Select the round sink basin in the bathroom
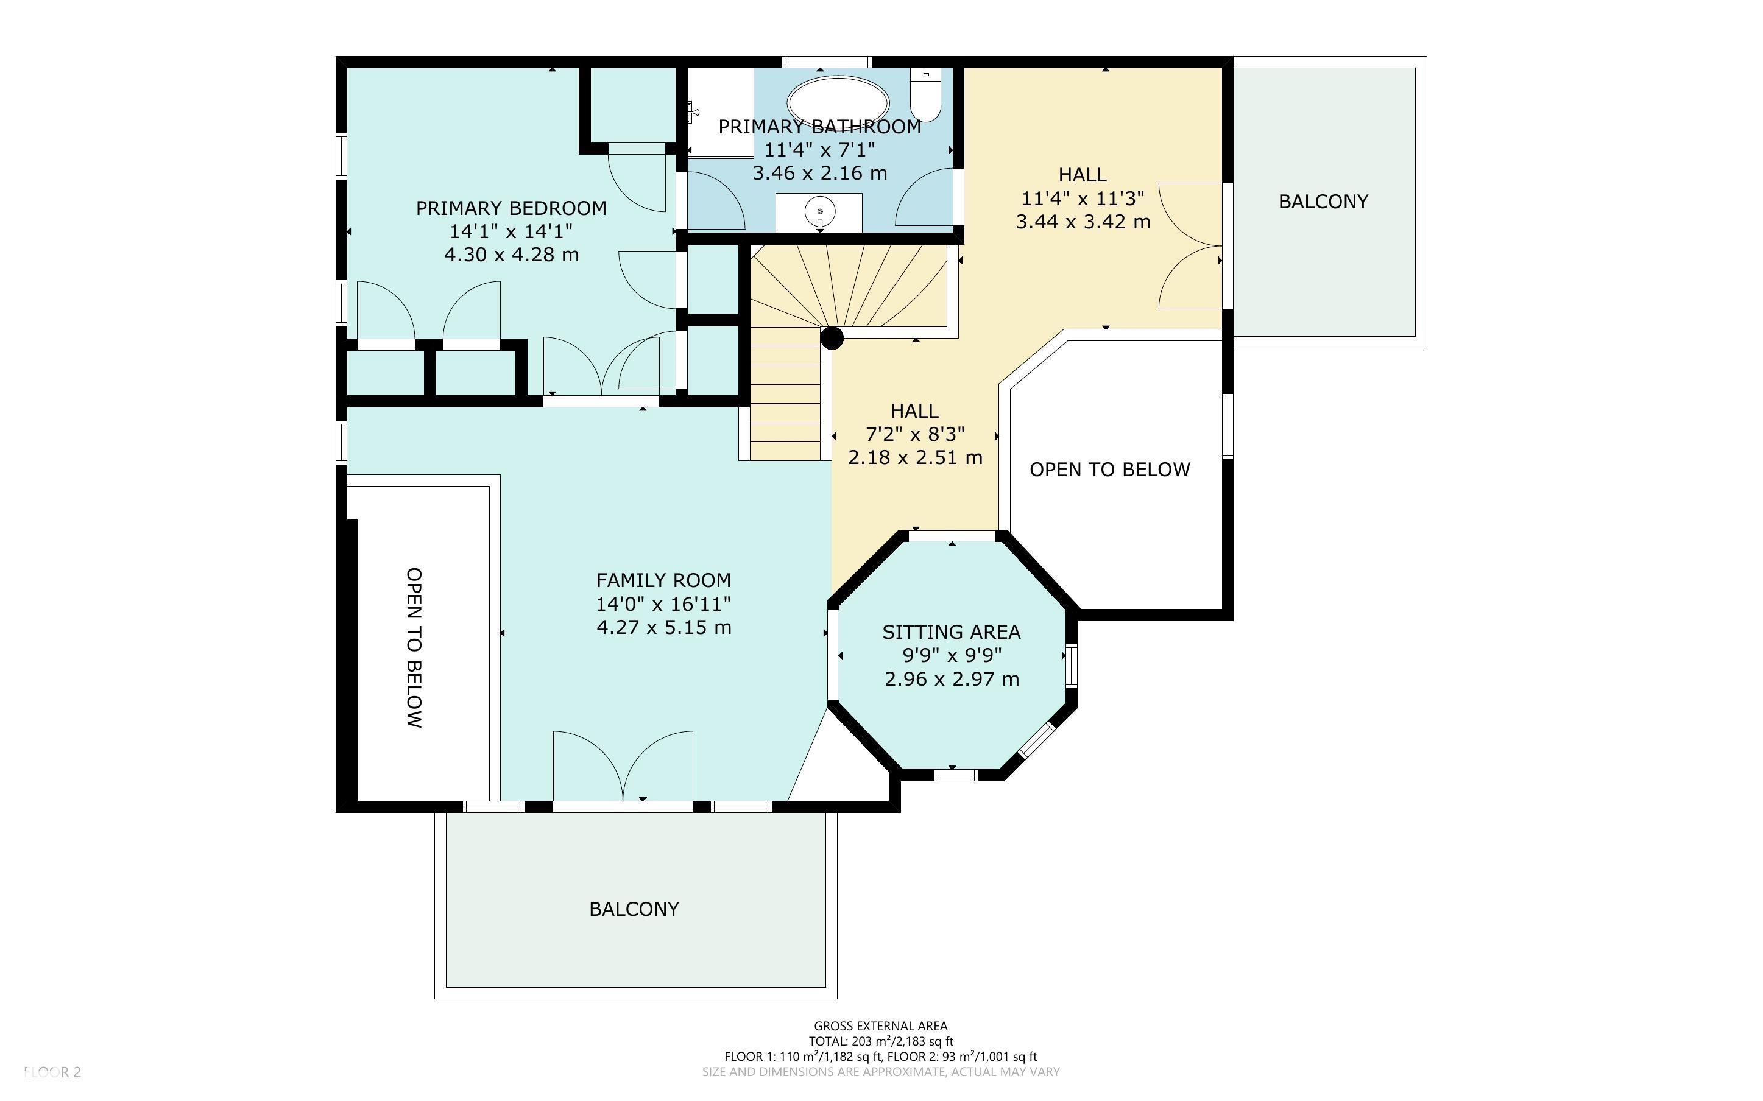pos(819,212)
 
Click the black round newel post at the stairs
pos(832,338)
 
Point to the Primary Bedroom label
pos(511,208)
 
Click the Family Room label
pos(663,580)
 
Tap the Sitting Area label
pos(952,632)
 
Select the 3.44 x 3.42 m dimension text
pos(1083,222)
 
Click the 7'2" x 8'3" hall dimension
pos(916,434)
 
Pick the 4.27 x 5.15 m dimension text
pos(663,627)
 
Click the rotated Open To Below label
pos(414,647)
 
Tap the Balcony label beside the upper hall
pos(1323,201)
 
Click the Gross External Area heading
pos(880,1027)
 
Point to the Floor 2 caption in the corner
pos(52,1071)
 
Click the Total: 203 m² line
pos(880,1041)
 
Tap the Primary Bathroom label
pos(819,127)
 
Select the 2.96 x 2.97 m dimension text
pos(952,678)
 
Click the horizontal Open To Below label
pos(1110,470)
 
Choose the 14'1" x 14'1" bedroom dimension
pos(511,231)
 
